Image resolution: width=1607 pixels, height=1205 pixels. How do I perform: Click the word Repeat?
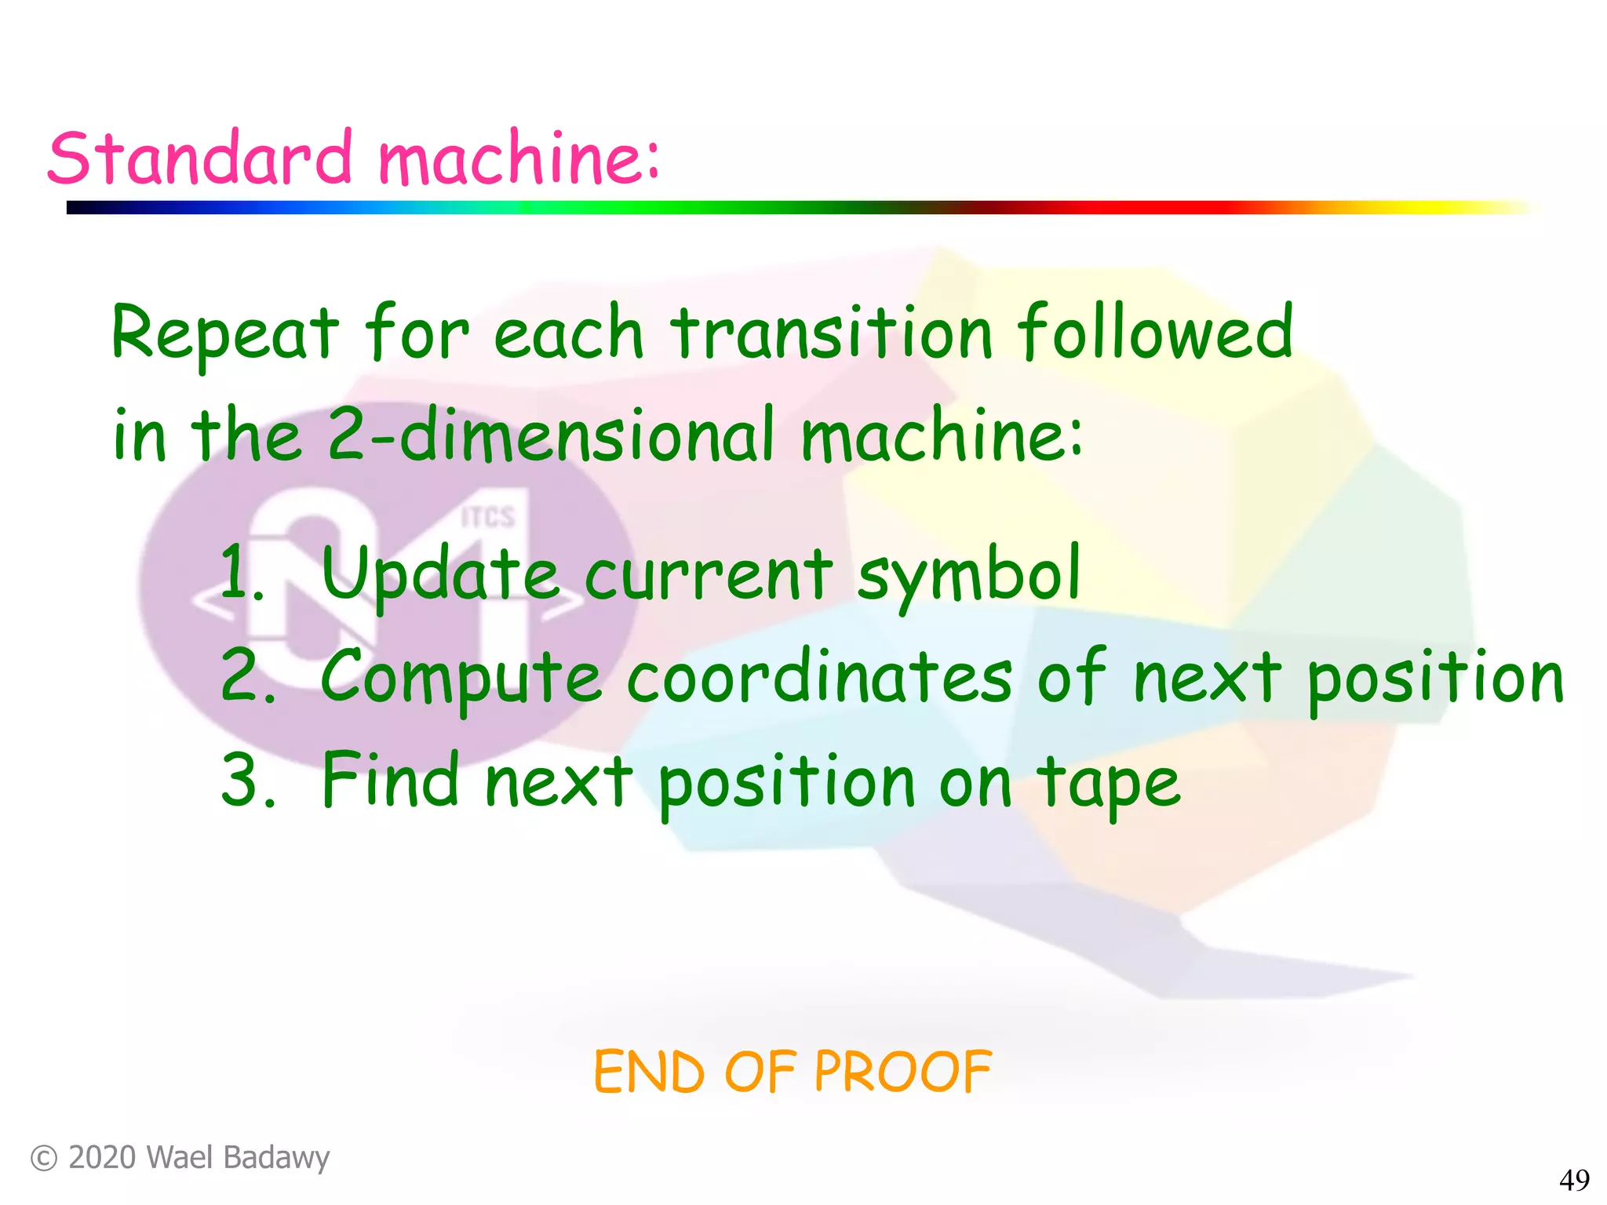click(x=225, y=333)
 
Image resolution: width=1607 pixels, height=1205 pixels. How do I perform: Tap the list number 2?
click(x=245, y=675)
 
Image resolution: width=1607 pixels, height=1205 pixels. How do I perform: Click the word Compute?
click(x=461, y=677)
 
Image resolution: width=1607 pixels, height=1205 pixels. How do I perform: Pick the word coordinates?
click(x=819, y=677)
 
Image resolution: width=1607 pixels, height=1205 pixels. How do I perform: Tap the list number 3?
click(x=246, y=780)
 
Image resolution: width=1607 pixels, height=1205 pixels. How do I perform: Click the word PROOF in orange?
click(x=902, y=1072)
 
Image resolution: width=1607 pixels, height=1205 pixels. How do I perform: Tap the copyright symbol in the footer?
click(x=44, y=1159)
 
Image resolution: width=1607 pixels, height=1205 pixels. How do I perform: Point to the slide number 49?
click(x=1573, y=1180)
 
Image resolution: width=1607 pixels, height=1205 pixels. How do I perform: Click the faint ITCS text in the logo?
click(x=487, y=517)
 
